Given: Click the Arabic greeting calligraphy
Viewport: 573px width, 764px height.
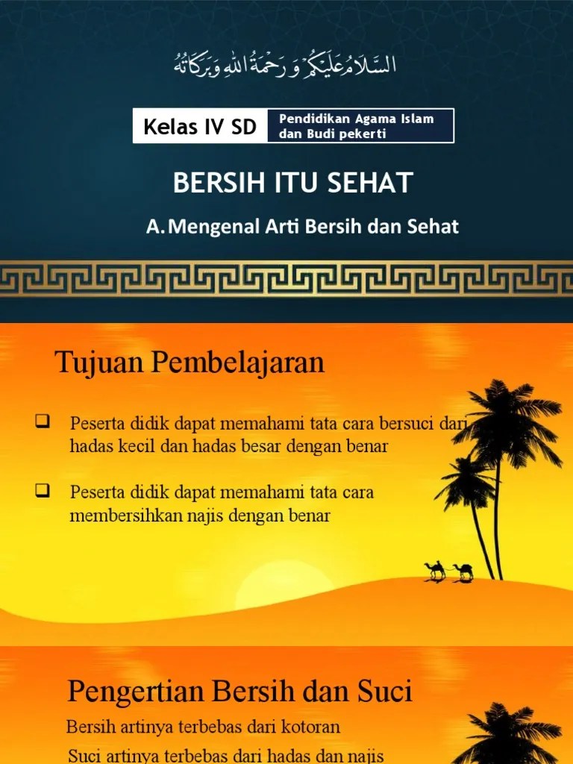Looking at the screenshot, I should [x=286, y=66].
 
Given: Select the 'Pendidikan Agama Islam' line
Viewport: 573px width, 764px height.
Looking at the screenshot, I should [x=356, y=119].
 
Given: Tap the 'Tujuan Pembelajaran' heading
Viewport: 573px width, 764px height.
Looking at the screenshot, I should [x=190, y=363].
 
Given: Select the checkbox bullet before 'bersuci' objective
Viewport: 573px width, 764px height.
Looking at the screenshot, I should [x=42, y=423].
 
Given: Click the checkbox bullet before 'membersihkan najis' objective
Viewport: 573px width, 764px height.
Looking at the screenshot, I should [x=42, y=490].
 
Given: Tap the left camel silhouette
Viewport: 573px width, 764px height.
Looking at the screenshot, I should [x=435, y=571].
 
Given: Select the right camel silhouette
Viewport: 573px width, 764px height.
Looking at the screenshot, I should [x=463, y=572].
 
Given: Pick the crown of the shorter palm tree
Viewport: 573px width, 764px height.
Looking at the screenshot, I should [x=464, y=477].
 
